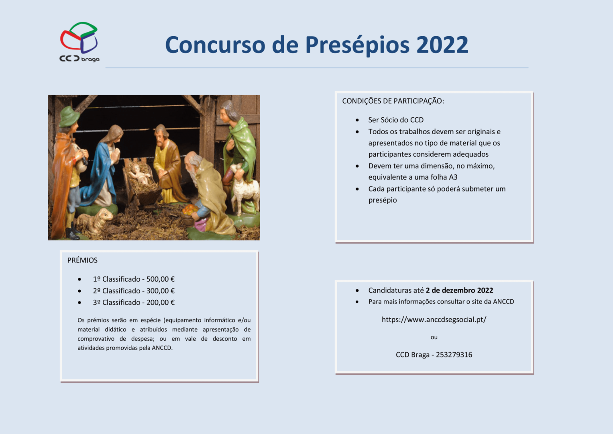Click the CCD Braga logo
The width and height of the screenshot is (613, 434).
pos(79,42)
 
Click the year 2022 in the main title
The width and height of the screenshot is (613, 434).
pos(442,45)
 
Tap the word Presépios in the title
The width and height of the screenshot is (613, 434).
pos(357,45)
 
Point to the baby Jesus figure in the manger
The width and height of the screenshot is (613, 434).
pos(141,174)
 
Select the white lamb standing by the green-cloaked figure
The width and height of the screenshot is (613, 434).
pos(244,187)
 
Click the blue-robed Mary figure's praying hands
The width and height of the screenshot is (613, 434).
pos(117,156)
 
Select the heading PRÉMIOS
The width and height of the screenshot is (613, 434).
pos(82,260)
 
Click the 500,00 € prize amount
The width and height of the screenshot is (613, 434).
pos(160,279)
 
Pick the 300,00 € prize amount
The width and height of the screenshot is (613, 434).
pos(160,291)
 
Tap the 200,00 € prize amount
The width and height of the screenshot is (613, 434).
pos(160,303)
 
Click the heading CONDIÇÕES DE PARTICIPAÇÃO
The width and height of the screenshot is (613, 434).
pos(393,101)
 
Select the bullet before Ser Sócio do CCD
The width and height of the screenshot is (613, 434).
pos(357,120)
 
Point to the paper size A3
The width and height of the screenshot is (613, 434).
pos(453,177)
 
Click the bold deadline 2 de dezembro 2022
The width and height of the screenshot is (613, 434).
pos(460,290)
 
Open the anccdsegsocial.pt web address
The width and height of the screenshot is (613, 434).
pos(434,319)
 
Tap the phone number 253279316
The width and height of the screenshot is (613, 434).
pos(454,355)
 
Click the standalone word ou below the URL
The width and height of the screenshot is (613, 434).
pos(434,338)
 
